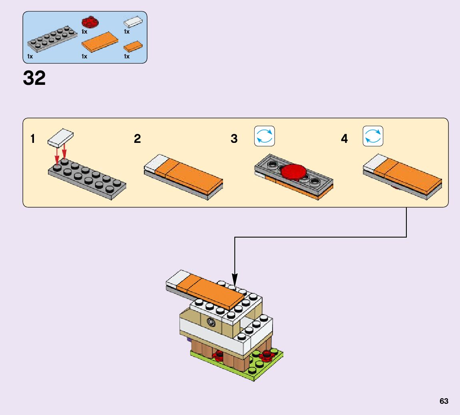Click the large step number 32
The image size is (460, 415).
pyautogui.click(x=34, y=78)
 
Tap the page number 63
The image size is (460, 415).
pyautogui.click(x=444, y=401)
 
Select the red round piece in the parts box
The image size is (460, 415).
pyautogui.click(x=90, y=22)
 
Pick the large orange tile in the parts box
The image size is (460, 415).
pyautogui.click(x=100, y=42)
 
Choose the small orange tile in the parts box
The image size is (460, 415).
pyautogui.click(x=133, y=47)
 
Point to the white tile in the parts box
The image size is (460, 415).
pyautogui.click(x=133, y=21)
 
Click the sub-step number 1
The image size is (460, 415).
pyautogui.click(x=33, y=139)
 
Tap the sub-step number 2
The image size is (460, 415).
pyautogui.click(x=137, y=139)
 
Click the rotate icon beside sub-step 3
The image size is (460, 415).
pyautogui.click(x=265, y=136)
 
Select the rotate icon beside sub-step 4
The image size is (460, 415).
pyautogui.click(x=373, y=136)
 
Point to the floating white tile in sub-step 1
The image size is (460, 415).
pyautogui.click(x=61, y=137)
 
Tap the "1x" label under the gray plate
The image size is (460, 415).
pyautogui.click(x=30, y=57)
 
